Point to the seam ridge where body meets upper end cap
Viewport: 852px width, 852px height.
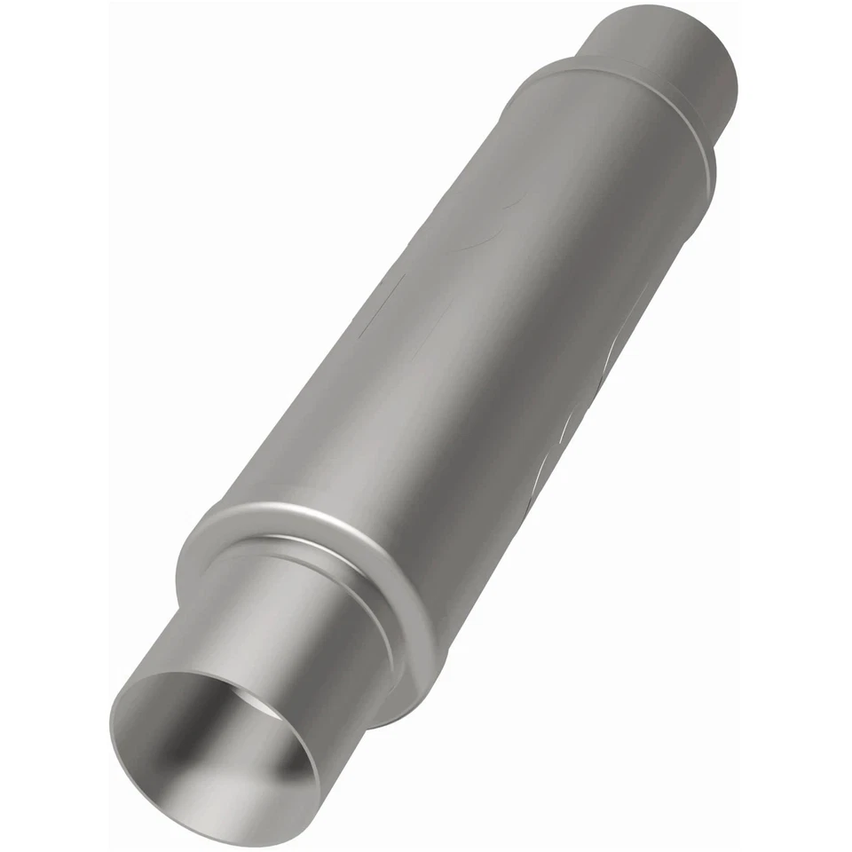[621, 98]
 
